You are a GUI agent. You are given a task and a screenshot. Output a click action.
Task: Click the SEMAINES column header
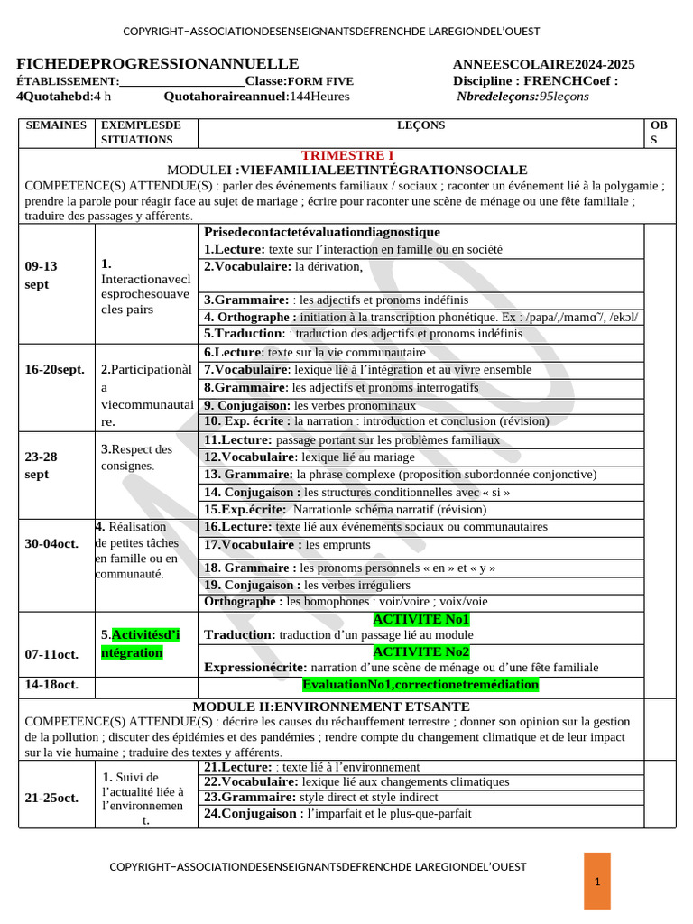click(x=56, y=125)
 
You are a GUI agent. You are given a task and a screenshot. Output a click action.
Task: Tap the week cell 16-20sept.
click(x=55, y=370)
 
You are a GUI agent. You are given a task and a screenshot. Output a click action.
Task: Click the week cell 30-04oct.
click(x=51, y=543)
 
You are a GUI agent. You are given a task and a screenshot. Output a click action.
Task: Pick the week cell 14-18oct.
click(x=51, y=685)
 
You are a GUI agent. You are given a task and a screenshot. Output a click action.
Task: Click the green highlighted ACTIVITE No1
click(x=421, y=619)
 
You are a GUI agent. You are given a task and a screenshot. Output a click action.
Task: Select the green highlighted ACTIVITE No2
click(x=421, y=651)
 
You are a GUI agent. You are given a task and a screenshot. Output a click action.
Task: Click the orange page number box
click(x=596, y=881)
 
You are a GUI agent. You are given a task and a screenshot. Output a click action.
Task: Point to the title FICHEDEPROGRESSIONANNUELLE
click(x=158, y=63)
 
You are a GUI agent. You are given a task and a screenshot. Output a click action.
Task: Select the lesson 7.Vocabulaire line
click(x=367, y=370)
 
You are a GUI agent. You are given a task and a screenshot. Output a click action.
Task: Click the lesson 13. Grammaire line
click(x=400, y=475)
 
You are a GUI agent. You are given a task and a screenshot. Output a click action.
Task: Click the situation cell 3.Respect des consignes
click(x=136, y=457)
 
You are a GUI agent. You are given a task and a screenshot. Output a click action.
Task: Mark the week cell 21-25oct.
click(x=53, y=798)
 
